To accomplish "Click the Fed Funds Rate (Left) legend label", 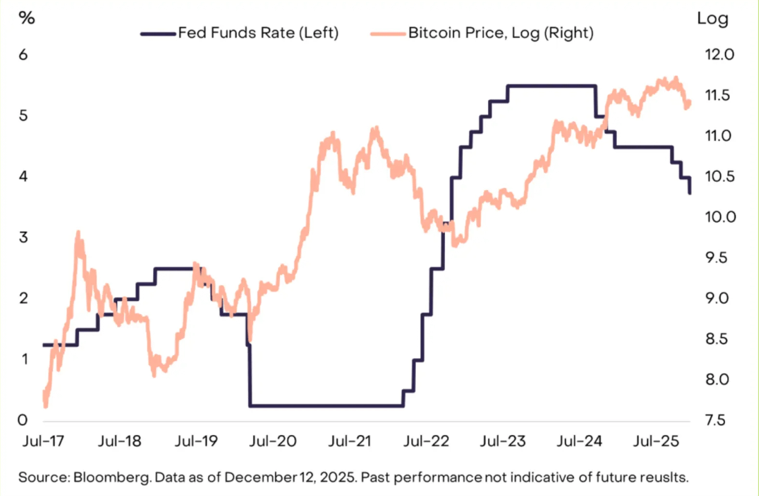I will tap(258, 33).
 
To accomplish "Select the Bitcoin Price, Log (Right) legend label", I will tap(500, 33).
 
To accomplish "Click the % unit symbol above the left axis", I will tap(27, 18).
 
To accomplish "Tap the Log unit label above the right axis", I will tap(713, 18).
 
